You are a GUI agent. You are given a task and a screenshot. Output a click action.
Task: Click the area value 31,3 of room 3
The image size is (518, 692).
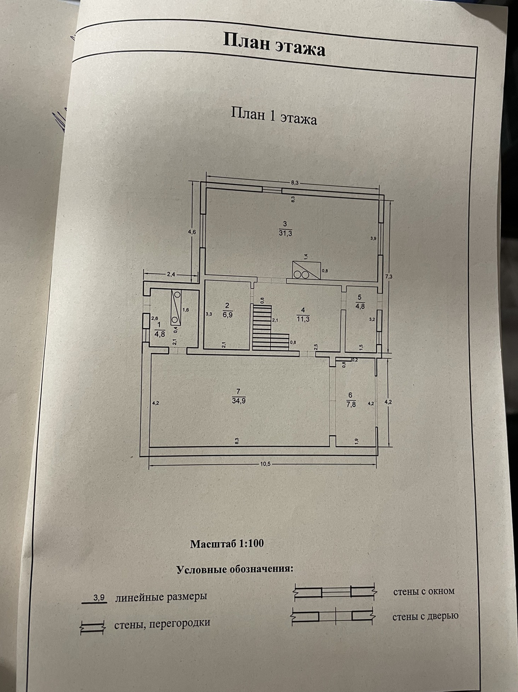tap(285, 233)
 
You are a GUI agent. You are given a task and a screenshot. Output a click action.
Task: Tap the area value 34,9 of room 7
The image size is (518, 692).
tap(238, 401)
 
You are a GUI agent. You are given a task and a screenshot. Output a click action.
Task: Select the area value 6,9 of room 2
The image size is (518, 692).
tap(228, 314)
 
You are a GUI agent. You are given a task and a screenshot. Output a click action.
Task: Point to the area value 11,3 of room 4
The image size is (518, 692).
tap(303, 319)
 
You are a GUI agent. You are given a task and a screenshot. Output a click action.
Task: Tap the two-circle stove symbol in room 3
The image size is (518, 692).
tap(301, 274)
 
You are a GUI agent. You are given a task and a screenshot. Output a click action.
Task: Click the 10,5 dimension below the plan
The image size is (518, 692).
tap(264, 464)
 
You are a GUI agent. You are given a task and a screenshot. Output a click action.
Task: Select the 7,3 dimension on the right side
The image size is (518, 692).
tap(388, 277)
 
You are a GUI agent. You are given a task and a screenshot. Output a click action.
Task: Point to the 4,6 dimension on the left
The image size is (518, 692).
tap(192, 232)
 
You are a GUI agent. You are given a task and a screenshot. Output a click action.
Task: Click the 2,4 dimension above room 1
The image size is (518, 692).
tap(171, 274)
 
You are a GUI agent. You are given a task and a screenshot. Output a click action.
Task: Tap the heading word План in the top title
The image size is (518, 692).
tap(247, 41)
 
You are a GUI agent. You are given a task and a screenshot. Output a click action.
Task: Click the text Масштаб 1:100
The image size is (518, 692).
tap(227, 544)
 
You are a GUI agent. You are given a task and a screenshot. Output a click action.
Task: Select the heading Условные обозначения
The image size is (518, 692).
tap(235, 569)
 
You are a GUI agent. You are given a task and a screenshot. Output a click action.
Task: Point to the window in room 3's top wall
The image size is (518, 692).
tap(272, 189)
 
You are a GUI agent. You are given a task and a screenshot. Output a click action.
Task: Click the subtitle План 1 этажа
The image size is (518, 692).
tap(274, 116)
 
